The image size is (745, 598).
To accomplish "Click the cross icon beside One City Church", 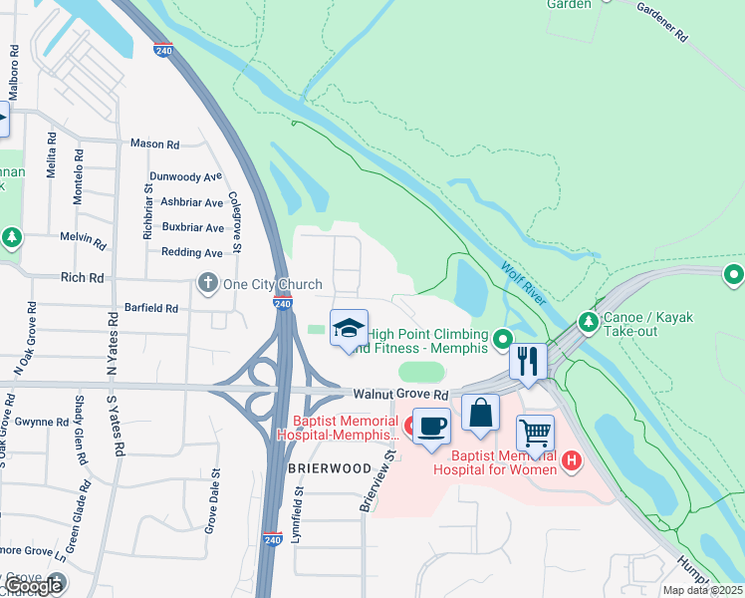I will [x=208, y=283].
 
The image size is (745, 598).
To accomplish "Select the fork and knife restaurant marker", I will [x=528, y=360].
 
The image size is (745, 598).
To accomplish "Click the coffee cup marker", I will [x=430, y=427].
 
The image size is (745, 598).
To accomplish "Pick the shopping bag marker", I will [x=480, y=413].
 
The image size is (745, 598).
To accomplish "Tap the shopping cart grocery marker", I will [x=535, y=435].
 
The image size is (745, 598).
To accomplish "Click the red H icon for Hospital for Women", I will [x=572, y=459].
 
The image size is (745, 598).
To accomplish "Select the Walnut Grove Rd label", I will [x=394, y=395].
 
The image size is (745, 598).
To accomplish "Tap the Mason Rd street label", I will [x=154, y=144].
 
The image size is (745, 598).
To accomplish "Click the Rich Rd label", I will [x=82, y=278].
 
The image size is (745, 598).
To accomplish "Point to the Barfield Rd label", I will [x=150, y=308].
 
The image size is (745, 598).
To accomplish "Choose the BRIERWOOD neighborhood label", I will [x=321, y=467].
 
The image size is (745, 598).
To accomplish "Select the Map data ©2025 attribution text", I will [x=702, y=590].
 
